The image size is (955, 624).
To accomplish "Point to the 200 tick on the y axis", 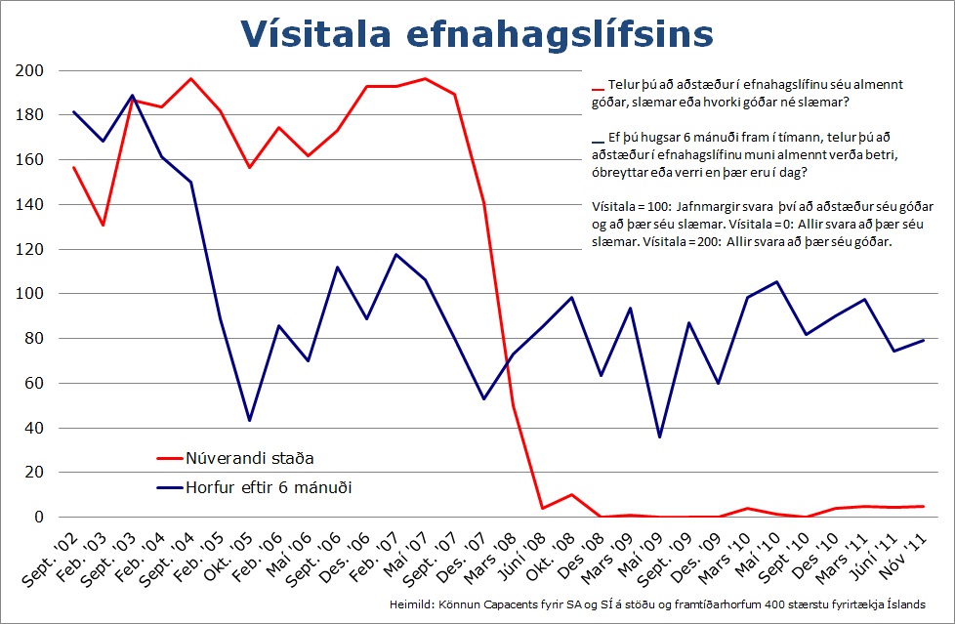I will (29, 71).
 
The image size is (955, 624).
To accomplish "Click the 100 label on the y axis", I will (29, 294).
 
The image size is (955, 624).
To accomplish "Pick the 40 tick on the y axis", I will (33, 428).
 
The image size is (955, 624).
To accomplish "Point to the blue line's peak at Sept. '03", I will (132, 96).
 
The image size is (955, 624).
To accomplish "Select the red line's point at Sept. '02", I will (73, 167).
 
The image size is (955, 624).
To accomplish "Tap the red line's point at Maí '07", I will (426, 78).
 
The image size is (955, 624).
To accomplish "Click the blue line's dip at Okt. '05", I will (249, 420).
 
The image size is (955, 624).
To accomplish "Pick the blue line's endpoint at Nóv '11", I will (924, 340).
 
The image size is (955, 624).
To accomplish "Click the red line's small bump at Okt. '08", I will (572, 495).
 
